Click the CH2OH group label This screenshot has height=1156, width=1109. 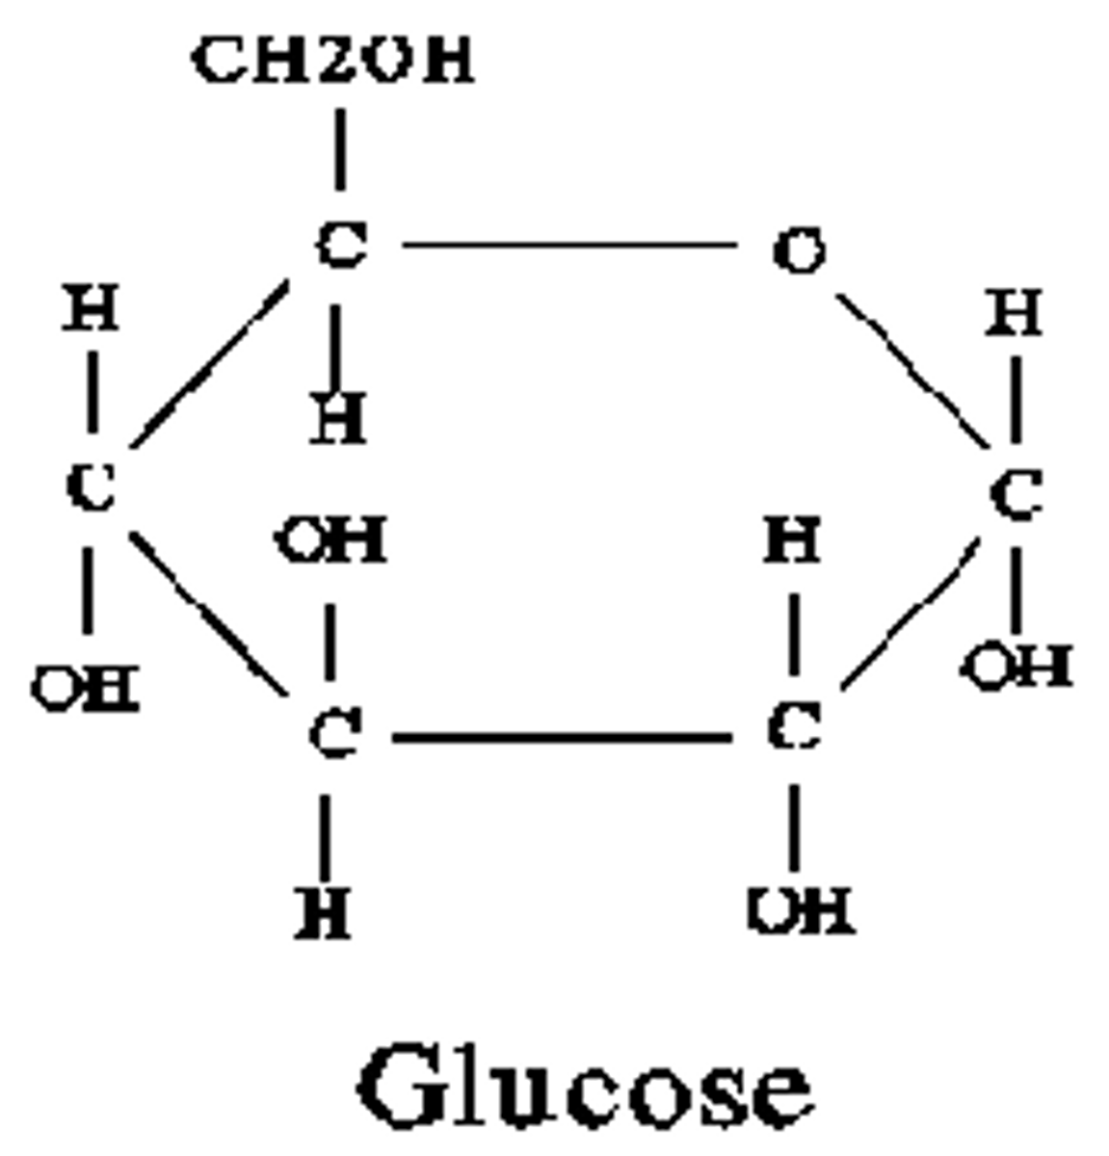pos(332,60)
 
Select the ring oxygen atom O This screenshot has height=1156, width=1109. pos(799,251)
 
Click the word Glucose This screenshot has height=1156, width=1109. pos(585,1089)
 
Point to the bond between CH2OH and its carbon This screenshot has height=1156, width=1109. pos(340,149)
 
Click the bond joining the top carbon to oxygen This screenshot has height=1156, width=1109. pos(568,246)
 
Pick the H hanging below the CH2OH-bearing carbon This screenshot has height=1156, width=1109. pos(338,420)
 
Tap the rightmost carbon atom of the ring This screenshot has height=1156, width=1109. pos(1015,497)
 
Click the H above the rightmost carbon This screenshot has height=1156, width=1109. pos(1014,314)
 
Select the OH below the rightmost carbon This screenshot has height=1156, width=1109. pos(1018,666)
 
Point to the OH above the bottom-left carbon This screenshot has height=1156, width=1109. pos(331,540)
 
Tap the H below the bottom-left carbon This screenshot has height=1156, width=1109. pos(324,912)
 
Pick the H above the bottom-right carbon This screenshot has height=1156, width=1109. pos(793,539)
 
